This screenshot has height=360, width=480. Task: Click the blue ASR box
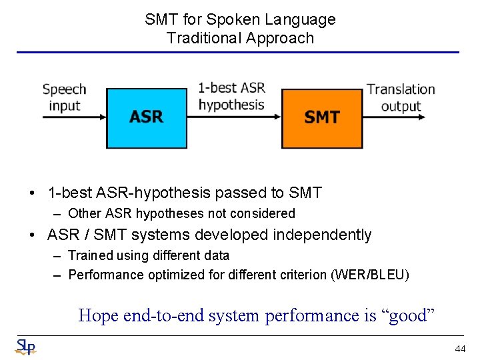[146, 117]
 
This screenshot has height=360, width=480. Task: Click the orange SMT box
[322, 117]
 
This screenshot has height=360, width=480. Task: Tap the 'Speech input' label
[65, 97]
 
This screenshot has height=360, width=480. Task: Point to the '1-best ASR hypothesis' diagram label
[231, 96]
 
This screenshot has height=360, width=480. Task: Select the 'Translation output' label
[401, 97]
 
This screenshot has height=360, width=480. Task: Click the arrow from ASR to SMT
[233, 117]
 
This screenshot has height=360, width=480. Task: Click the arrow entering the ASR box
[73, 117]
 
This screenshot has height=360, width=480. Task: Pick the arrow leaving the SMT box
[393, 117]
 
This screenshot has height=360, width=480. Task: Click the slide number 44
[460, 349]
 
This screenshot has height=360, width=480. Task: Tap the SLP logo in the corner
[25, 347]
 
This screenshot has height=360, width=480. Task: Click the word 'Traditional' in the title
[205, 38]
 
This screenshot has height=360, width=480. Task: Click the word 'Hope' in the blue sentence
[98, 315]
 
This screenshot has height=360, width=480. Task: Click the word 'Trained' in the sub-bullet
[91, 255]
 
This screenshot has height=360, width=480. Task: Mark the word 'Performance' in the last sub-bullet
[103, 275]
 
